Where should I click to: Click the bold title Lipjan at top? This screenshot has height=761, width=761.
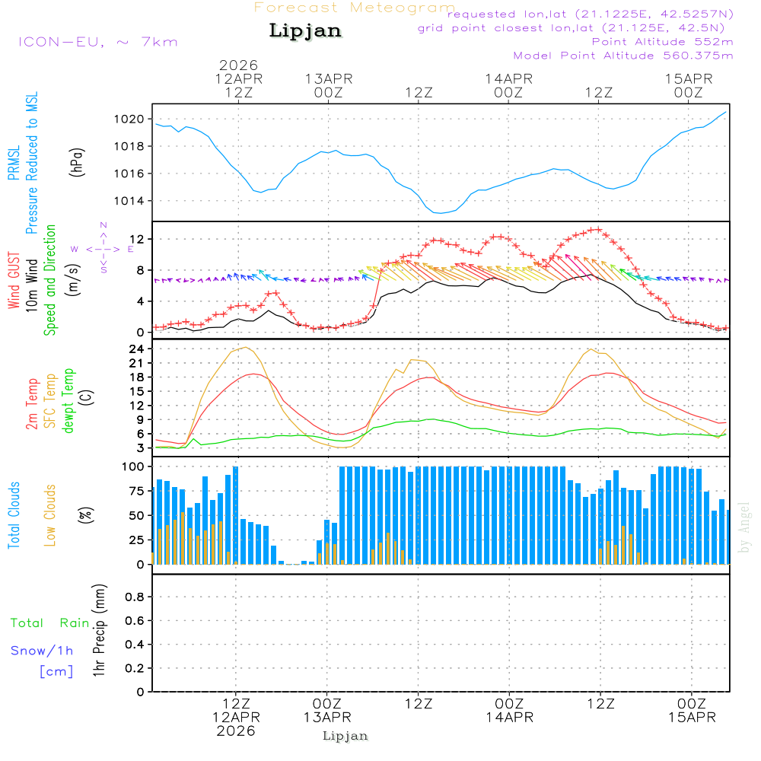pyautogui.click(x=305, y=31)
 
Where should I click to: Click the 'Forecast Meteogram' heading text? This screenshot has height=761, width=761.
pyautogui.click(x=355, y=8)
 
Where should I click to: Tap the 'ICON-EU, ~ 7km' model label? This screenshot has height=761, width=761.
pyautogui.click(x=97, y=41)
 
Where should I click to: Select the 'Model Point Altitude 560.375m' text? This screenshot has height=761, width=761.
pyautogui.click(x=623, y=56)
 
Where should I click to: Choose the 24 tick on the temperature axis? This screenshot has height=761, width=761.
pyautogui.click(x=139, y=349)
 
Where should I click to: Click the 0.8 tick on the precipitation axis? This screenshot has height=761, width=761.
pyautogui.click(x=135, y=597)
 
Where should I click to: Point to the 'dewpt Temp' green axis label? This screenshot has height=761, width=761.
pyautogui.click(x=68, y=400)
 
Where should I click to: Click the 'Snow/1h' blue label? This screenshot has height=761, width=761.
pyautogui.click(x=42, y=651)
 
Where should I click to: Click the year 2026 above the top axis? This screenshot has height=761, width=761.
pyautogui.click(x=238, y=65)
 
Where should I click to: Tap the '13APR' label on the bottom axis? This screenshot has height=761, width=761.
pyautogui.click(x=327, y=717)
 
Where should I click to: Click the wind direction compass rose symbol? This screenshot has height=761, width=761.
pyautogui.click(x=103, y=248)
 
